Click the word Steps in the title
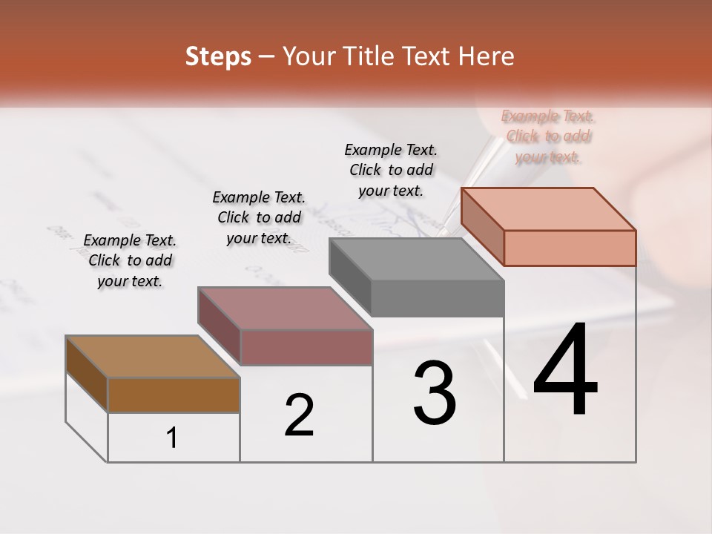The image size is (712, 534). tap(218, 56)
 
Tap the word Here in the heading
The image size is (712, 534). tap(487, 56)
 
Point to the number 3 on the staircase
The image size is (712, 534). tap(435, 393)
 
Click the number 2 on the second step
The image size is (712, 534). tap(299, 415)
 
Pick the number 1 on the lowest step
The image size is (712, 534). tap(172, 438)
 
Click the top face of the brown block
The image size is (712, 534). tap(152, 357)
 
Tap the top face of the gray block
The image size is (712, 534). tap(415, 260)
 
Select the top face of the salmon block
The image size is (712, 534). tap(547, 208)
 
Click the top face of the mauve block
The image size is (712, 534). tap(284, 308)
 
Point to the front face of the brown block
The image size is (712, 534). tap(174, 395)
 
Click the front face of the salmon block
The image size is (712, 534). tap(570, 248)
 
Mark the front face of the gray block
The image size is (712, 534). tap(438, 299)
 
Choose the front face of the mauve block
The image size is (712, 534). tap(306, 347)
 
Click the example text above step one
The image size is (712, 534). tap(130, 260)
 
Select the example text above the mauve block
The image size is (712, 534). tap(259, 217)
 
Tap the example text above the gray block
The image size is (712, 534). tap(391, 170)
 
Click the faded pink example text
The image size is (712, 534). tap(548, 136)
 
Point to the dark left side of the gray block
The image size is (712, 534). tap(349, 277)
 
